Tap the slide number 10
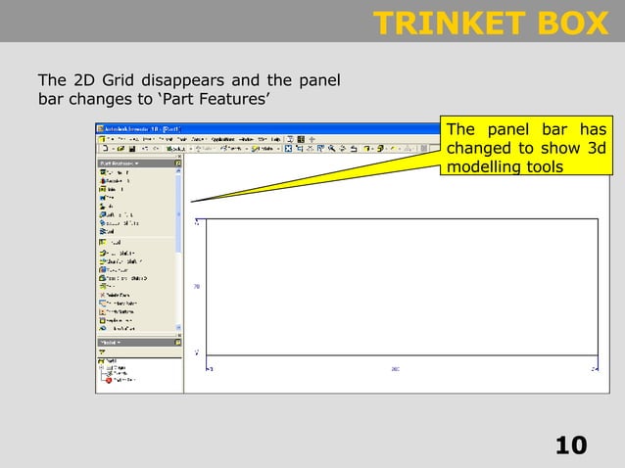[x=571, y=446]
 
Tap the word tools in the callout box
[x=544, y=167]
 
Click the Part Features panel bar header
[x=120, y=163]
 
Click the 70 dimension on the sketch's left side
[x=197, y=287]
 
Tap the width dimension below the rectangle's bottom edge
[x=395, y=369]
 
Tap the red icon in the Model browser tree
[x=110, y=380]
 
